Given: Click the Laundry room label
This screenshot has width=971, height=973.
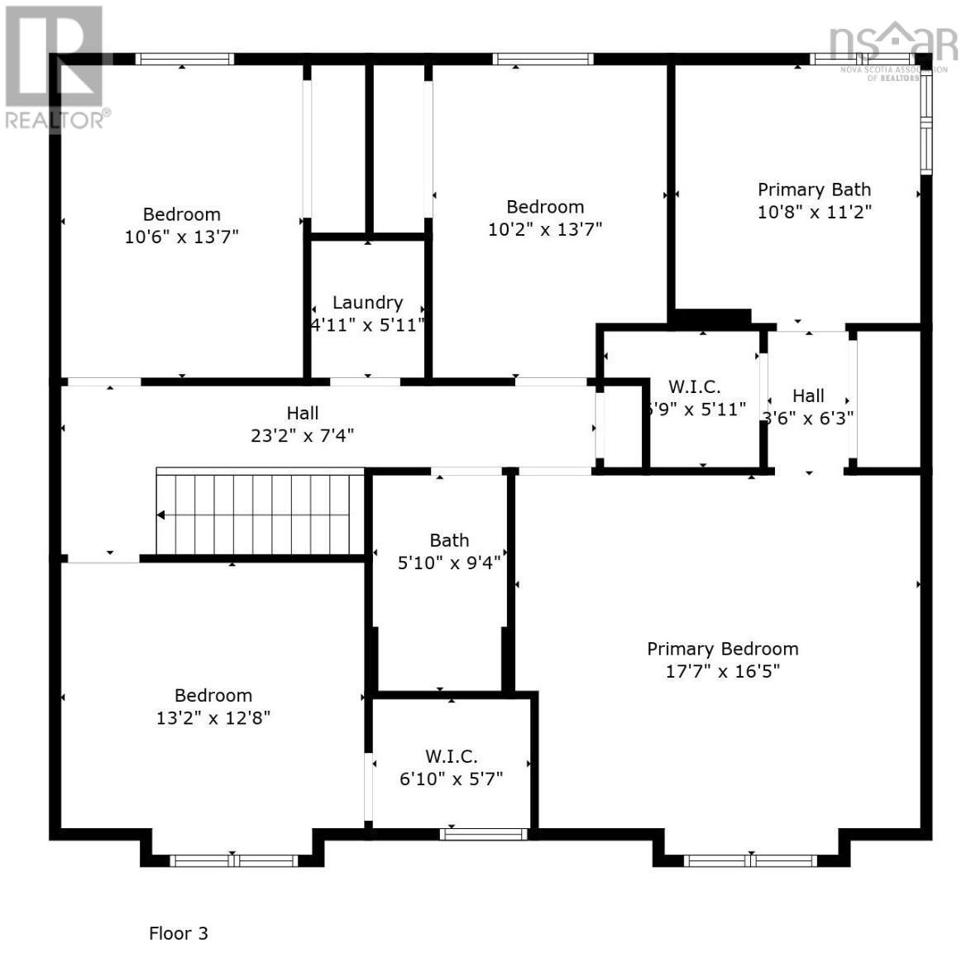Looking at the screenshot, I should click(x=367, y=303).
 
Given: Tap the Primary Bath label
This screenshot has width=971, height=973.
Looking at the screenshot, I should click(x=814, y=189).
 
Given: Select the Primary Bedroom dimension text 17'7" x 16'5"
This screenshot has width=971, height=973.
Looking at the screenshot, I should click(x=722, y=671).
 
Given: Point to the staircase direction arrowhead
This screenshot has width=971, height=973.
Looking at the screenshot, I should click(x=161, y=515).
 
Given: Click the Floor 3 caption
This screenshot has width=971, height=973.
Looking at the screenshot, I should click(x=178, y=933).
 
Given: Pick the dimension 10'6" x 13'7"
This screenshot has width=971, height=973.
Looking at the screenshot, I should click(x=181, y=237).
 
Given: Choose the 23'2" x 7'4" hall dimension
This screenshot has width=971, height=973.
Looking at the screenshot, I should click(x=302, y=435).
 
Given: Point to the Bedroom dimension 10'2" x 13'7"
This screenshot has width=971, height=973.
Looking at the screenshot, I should click(x=544, y=229).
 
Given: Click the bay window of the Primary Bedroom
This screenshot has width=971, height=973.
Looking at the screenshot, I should click(x=751, y=860).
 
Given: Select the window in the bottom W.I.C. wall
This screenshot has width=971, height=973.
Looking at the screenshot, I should click(x=484, y=834).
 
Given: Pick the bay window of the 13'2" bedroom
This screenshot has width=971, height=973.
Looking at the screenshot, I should click(x=233, y=860).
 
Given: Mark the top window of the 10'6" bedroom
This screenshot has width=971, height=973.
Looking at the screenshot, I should click(x=184, y=59).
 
